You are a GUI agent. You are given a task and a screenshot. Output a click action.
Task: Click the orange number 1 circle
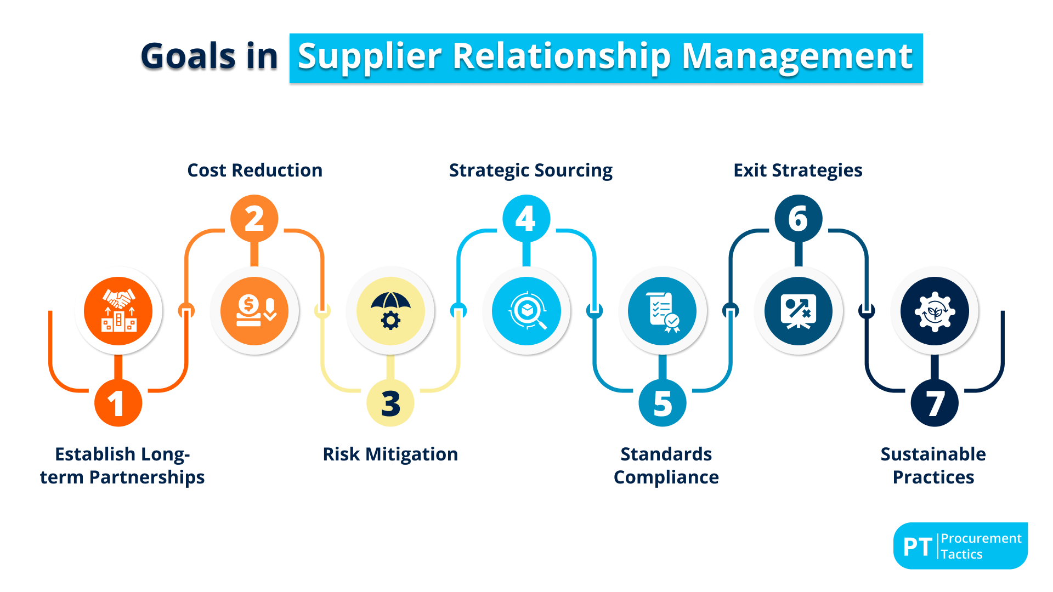click(118, 403)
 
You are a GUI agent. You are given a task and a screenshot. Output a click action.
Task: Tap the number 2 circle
click(254, 219)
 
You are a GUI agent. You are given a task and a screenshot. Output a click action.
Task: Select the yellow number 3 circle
click(390, 403)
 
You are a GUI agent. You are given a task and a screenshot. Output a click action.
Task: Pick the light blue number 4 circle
click(526, 219)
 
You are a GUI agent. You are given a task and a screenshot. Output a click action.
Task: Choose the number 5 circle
click(663, 403)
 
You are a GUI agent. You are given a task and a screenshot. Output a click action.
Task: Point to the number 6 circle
click(798, 219)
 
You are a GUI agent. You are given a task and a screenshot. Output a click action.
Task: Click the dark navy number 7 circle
click(935, 403)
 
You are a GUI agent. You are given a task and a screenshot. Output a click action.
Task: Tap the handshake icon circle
click(118, 311)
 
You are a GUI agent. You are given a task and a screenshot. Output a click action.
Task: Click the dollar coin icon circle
click(254, 311)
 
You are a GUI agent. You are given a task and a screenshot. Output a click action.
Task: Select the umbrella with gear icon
click(390, 311)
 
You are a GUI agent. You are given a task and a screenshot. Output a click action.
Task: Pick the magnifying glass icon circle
click(526, 311)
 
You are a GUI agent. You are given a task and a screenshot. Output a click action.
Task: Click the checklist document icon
click(663, 311)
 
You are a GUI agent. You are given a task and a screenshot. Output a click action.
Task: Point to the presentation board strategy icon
click(798, 311)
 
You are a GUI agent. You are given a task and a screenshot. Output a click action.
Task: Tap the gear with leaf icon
click(935, 311)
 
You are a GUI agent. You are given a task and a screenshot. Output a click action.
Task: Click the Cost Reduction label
click(254, 170)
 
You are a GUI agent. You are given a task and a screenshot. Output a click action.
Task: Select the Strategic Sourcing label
click(530, 170)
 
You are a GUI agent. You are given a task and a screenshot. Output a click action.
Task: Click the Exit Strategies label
click(797, 170)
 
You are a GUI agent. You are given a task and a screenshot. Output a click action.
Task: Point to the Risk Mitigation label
click(390, 454)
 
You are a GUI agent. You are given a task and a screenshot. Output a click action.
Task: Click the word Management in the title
click(797, 56)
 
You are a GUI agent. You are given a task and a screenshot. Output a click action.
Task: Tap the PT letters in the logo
click(918, 547)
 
